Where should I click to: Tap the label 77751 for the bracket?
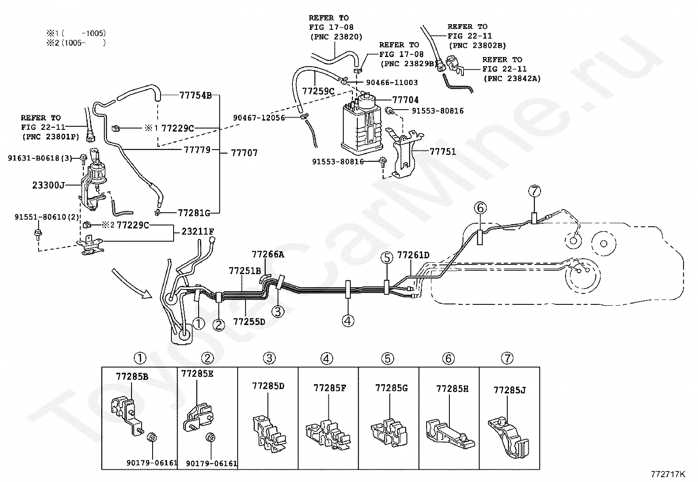tap(442, 152)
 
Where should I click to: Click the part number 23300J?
tap(48, 185)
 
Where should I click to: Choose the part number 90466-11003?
tap(392, 82)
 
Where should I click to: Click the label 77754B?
tap(196, 95)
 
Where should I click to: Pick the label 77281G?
tap(194, 213)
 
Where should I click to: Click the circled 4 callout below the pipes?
tap(348, 321)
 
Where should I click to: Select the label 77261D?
tap(413, 255)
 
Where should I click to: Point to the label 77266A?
tap(267, 254)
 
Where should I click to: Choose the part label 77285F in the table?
tap(329, 388)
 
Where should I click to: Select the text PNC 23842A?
tap(512, 79)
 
